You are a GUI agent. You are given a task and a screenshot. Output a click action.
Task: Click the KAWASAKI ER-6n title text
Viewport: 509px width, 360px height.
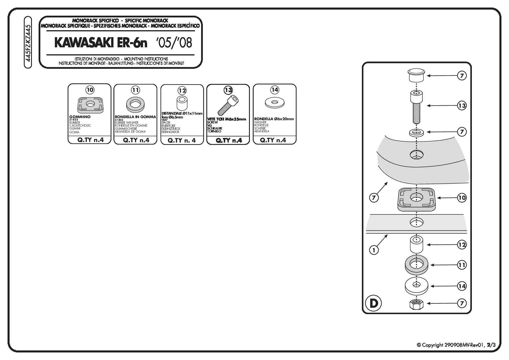pos(101,43)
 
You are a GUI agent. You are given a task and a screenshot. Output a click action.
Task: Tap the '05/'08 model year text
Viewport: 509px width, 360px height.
pos(174,43)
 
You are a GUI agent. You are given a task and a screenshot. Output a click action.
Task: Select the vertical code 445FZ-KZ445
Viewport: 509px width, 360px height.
pos(28,43)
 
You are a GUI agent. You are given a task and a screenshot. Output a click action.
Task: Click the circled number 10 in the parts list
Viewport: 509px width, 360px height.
pos(90,90)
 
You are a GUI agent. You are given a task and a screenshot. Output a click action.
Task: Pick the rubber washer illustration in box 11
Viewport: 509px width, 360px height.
pos(136,104)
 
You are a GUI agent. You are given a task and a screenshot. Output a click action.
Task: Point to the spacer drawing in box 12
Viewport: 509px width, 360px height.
pos(182,103)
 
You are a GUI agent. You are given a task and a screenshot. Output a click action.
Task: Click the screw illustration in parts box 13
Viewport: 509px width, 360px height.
pos(229,106)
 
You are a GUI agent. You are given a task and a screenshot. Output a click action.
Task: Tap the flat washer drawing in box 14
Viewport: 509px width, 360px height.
pos(275,102)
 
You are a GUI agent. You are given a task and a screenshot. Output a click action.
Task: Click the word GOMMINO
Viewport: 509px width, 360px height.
pos(80,117)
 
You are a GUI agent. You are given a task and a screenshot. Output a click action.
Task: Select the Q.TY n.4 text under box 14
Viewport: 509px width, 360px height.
pos(273,140)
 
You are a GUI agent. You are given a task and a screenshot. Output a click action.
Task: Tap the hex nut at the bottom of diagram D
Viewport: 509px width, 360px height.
pos(416,304)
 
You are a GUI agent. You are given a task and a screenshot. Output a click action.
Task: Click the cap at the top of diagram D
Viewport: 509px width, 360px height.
pos(416,75)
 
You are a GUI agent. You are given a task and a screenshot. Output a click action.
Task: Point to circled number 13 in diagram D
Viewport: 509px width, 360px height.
pos(462,106)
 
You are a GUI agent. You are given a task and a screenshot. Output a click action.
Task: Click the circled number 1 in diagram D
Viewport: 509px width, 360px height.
pos(374,250)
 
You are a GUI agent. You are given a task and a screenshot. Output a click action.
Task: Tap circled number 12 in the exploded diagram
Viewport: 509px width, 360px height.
pos(462,245)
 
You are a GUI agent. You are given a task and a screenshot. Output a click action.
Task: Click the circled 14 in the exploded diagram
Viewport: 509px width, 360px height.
pos(462,286)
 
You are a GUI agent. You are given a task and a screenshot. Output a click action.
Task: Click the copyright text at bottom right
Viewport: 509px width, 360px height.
pos(456,345)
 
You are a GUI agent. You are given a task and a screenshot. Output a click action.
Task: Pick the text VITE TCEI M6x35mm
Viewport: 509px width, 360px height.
pos(227,119)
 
